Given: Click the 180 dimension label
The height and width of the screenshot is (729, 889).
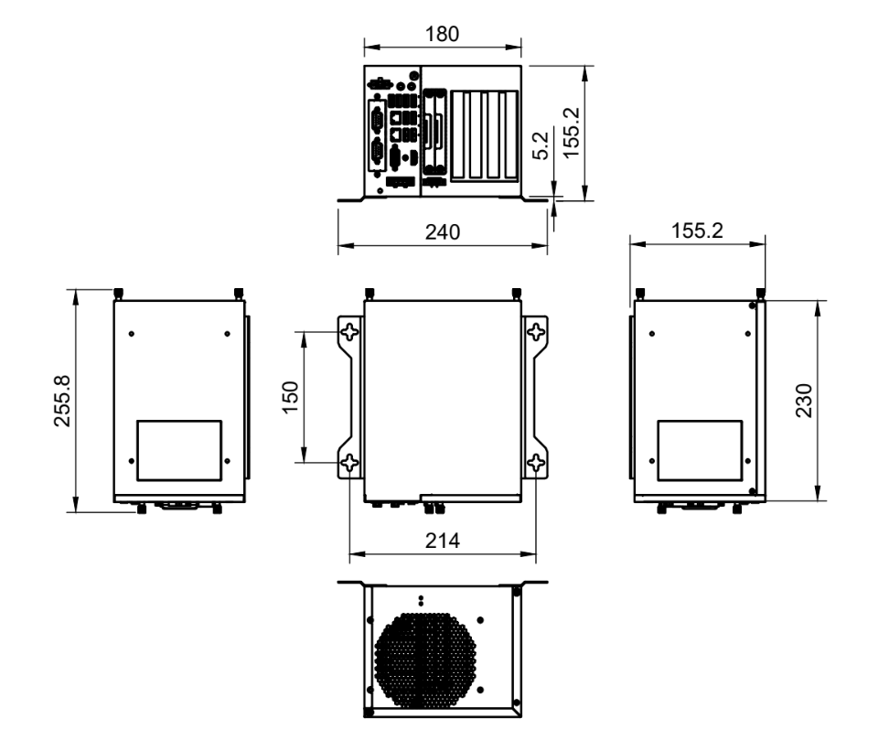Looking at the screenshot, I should point(443,33).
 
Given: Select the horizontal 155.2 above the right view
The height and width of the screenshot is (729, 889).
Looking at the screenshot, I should point(698,231).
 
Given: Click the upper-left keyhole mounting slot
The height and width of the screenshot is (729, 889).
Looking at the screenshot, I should point(349,333).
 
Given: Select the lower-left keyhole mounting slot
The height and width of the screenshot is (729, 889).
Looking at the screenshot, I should point(349,465).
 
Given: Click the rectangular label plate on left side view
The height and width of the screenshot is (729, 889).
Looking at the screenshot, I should point(179,450).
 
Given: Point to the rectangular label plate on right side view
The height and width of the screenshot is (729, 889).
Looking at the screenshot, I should point(701,450).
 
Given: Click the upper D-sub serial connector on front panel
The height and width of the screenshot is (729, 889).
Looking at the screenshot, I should point(376,121).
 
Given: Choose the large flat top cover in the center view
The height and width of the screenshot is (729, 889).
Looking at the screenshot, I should point(443,398).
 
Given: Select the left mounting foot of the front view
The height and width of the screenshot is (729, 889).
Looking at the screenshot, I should point(351,198).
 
